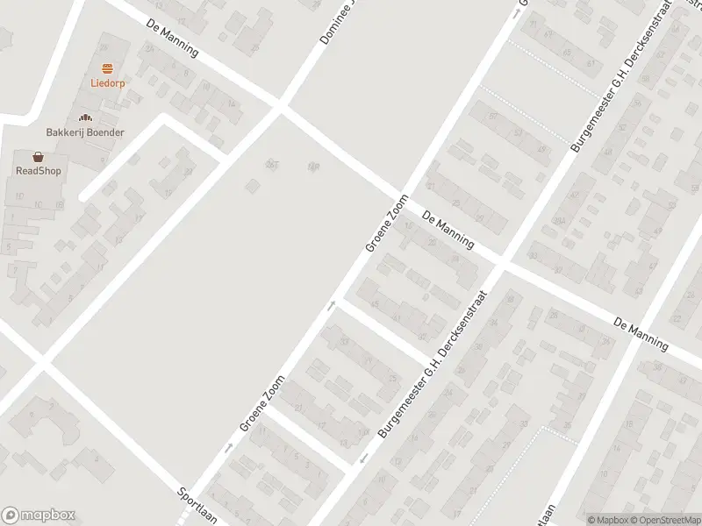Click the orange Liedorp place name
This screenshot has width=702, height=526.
point(107,84)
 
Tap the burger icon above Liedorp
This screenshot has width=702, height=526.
point(107,68)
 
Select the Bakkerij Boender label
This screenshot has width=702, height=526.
point(85,132)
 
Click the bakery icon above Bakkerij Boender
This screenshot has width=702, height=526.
point(85,117)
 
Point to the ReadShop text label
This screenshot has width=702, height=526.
point(39,171)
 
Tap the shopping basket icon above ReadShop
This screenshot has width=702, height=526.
point(39,156)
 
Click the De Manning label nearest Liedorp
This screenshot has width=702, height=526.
point(173,39)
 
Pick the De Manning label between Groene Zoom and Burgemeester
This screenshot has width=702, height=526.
point(448,230)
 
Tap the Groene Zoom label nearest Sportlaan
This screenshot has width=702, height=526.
point(263,403)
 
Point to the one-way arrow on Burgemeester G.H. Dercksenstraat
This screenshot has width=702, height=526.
point(362,458)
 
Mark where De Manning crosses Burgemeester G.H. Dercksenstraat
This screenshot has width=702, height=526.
point(500,261)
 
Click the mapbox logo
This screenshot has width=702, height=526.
point(39,515)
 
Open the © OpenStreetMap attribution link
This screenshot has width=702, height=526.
point(666,520)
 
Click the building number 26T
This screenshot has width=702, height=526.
point(272,165)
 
